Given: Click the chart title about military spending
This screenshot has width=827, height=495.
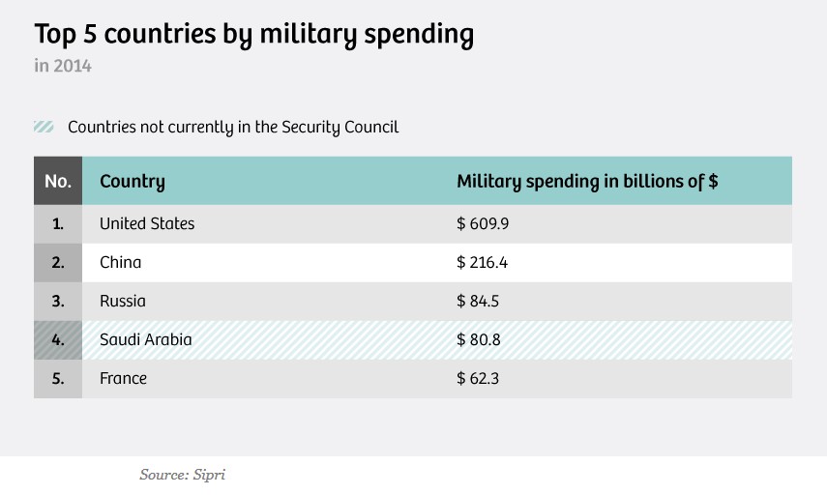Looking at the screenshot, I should (x=253, y=35).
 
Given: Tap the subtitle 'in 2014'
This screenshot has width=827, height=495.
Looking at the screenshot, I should (x=63, y=67).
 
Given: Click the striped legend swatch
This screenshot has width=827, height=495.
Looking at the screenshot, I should (x=44, y=127).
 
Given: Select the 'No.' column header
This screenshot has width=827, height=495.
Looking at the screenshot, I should (x=58, y=181).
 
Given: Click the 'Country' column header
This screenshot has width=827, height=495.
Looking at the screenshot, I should (x=133, y=181).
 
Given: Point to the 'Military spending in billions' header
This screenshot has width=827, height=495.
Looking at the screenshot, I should (x=586, y=181).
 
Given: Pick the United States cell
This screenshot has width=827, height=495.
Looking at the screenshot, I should (x=147, y=223).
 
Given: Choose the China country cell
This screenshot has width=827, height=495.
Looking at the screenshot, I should (x=120, y=262).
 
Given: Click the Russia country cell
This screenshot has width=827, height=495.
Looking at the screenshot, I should (x=123, y=301).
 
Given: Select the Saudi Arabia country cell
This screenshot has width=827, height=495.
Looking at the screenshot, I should (x=146, y=339).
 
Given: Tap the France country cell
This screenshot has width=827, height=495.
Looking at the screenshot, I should (x=124, y=378).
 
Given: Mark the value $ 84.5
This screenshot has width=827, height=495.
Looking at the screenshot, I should (x=478, y=301).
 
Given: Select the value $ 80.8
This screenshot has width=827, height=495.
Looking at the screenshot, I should (x=478, y=339).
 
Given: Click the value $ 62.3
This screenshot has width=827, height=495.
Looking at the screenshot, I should (x=478, y=378).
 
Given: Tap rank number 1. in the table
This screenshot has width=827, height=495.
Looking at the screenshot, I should (x=58, y=223).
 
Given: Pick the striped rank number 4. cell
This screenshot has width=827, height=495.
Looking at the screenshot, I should (x=58, y=339).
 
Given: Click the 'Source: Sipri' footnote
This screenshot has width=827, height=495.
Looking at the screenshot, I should (x=182, y=475).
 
